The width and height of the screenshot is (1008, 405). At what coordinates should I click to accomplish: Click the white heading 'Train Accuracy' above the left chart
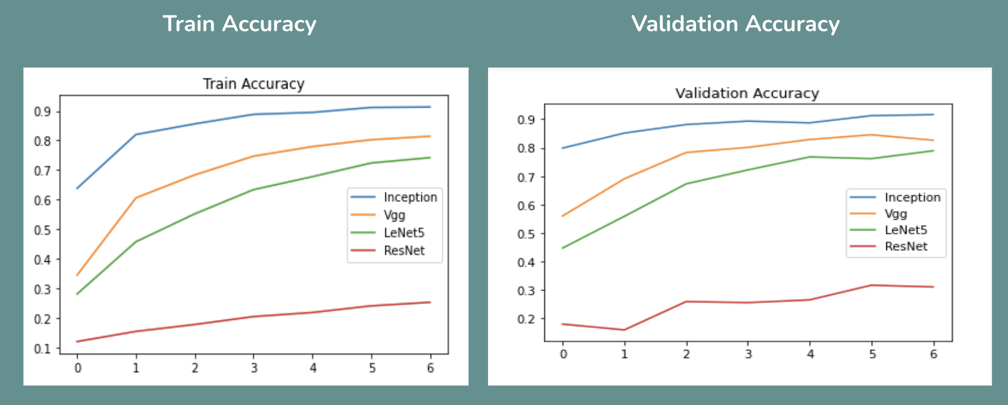[x=239, y=24]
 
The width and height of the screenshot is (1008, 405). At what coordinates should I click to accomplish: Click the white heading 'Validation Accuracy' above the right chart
[x=735, y=24]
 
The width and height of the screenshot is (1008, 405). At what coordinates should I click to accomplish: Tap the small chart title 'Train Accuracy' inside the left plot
[x=253, y=84]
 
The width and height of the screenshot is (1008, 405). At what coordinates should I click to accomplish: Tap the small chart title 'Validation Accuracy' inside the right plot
[x=747, y=93]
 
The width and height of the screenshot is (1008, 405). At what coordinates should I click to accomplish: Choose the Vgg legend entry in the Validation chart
[x=895, y=214]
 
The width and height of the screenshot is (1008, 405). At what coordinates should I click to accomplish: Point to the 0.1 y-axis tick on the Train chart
[x=42, y=349]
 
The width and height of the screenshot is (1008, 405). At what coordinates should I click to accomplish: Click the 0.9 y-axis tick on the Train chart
[x=42, y=111]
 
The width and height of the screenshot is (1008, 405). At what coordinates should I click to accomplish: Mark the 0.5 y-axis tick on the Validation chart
[x=526, y=234]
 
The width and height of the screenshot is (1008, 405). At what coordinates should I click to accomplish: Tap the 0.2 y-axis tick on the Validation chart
[x=526, y=319]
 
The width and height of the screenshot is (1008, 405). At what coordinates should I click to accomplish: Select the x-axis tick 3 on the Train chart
[x=254, y=368]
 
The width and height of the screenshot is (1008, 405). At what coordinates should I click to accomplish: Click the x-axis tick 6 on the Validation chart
[x=933, y=354]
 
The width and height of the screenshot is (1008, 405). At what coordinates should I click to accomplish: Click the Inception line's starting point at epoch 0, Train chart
[x=77, y=188]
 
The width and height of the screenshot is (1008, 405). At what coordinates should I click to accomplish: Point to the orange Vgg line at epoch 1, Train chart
[x=136, y=198]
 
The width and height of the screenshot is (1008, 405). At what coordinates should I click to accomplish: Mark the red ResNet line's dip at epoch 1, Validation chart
[x=624, y=330]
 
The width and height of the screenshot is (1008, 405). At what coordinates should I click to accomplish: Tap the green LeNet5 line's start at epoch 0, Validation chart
[x=563, y=248]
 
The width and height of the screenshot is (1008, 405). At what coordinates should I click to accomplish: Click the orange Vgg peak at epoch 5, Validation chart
[x=871, y=135]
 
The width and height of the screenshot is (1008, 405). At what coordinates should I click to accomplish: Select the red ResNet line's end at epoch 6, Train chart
[x=430, y=302]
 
